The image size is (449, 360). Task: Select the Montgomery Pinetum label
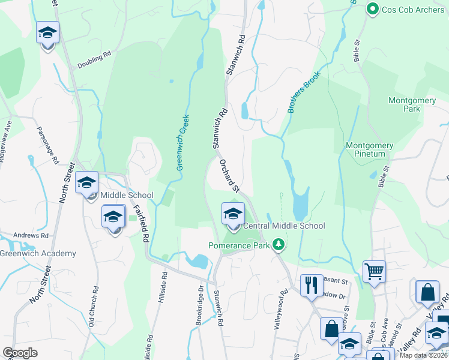(370, 150)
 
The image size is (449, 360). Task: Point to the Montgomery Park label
(412, 104)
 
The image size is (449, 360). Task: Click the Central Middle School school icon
(233, 213)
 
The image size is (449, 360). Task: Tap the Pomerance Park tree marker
(278, 245)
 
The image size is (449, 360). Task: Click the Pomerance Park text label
(238, 245)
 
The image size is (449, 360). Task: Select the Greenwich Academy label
(38, 253)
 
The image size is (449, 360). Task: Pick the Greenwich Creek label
(182, 143)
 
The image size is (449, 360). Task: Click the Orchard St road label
(229, 176)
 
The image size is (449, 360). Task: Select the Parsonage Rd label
(47, 146)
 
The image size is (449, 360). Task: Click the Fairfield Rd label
(141, 222)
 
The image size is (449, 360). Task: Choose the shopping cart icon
(374, 271)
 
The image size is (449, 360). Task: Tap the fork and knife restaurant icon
(311, 285)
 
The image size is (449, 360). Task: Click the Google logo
(20, 353)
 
